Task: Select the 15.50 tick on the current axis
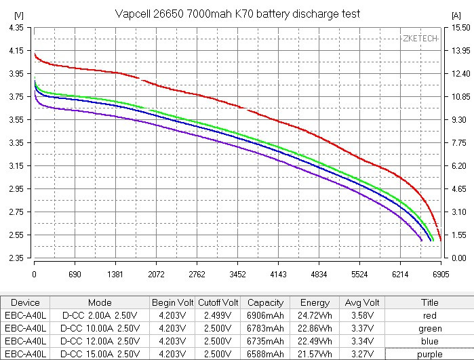460,28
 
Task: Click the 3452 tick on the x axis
237,275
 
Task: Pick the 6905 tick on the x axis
441,275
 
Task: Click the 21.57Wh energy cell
315,354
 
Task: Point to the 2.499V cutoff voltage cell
218,315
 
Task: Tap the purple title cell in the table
429,354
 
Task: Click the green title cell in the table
429,328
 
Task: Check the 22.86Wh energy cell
315,328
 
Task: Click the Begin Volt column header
172,302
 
